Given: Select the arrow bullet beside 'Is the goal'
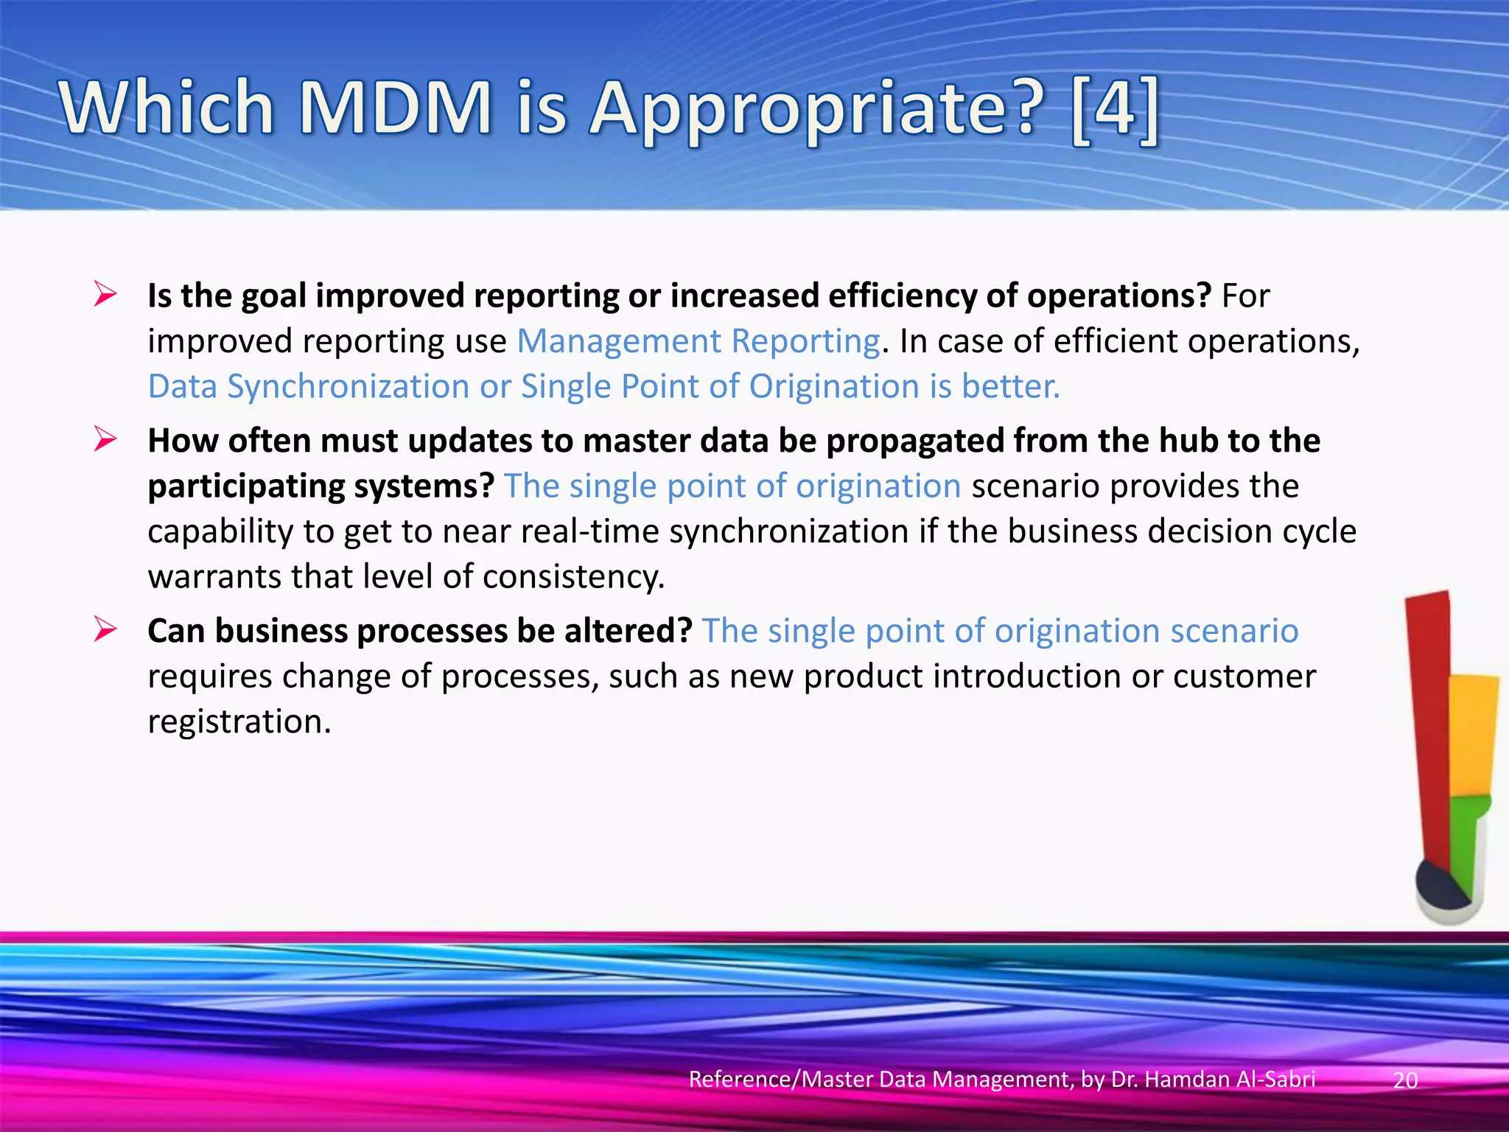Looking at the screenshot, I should pos(105,295).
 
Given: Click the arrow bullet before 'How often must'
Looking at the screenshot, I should pos(105,440).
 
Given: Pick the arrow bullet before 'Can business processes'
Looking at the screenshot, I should pos(105,630).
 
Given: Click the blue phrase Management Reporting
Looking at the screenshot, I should pos(698,341).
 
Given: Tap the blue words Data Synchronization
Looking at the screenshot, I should pos(308,387).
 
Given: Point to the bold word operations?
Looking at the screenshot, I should pos(1118,296).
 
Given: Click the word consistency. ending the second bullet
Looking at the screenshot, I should pos(573,577).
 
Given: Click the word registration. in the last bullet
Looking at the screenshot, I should pos(239,722).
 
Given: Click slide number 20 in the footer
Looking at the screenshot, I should pos(1405,1080).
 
